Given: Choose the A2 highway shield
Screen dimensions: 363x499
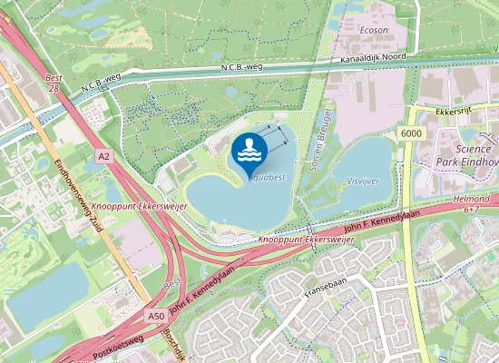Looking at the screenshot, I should point(104,156).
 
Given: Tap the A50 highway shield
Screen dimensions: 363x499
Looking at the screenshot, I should point(157,317).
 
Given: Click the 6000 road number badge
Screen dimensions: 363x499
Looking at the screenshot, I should point(410,133).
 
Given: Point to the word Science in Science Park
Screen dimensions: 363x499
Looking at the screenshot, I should point(473,149).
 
